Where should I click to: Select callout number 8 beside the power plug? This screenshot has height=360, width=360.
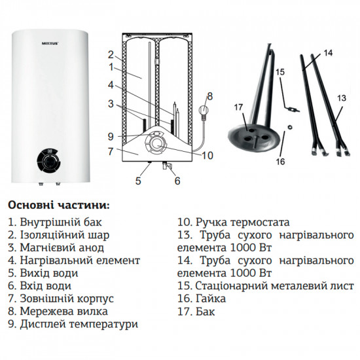pos(209,96)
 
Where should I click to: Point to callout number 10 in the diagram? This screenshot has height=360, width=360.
pos(207,155)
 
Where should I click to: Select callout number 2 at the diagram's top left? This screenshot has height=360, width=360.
pos(111,54)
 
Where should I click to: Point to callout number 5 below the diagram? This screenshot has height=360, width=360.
pos(138,180)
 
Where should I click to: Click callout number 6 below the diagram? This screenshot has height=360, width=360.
pos(177,181)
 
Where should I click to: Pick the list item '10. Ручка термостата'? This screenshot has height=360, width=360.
pos(233,222)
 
